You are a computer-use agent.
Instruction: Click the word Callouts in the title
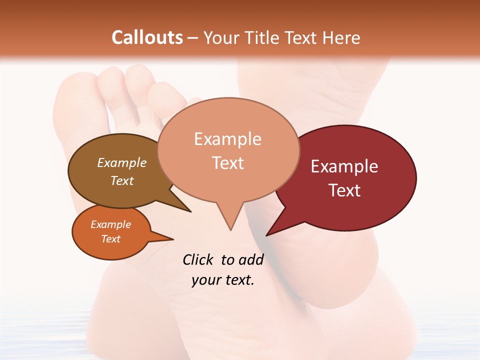[147, 37]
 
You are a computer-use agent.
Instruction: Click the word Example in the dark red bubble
[344, 166]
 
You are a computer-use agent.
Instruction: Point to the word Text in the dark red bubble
[344, 190]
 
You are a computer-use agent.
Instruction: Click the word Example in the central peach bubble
[227, 139]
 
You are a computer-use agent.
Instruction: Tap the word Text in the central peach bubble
[227, 163]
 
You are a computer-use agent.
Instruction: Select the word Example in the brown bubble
[121, 163]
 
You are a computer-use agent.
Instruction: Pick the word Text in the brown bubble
[121, 181]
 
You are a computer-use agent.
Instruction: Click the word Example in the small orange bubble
[110, 224]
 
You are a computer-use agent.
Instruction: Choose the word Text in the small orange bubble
[110, 239]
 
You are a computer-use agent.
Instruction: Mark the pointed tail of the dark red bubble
[273, 231]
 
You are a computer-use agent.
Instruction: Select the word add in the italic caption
[250, 260]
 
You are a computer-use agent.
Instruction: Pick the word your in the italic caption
[205, 280]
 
